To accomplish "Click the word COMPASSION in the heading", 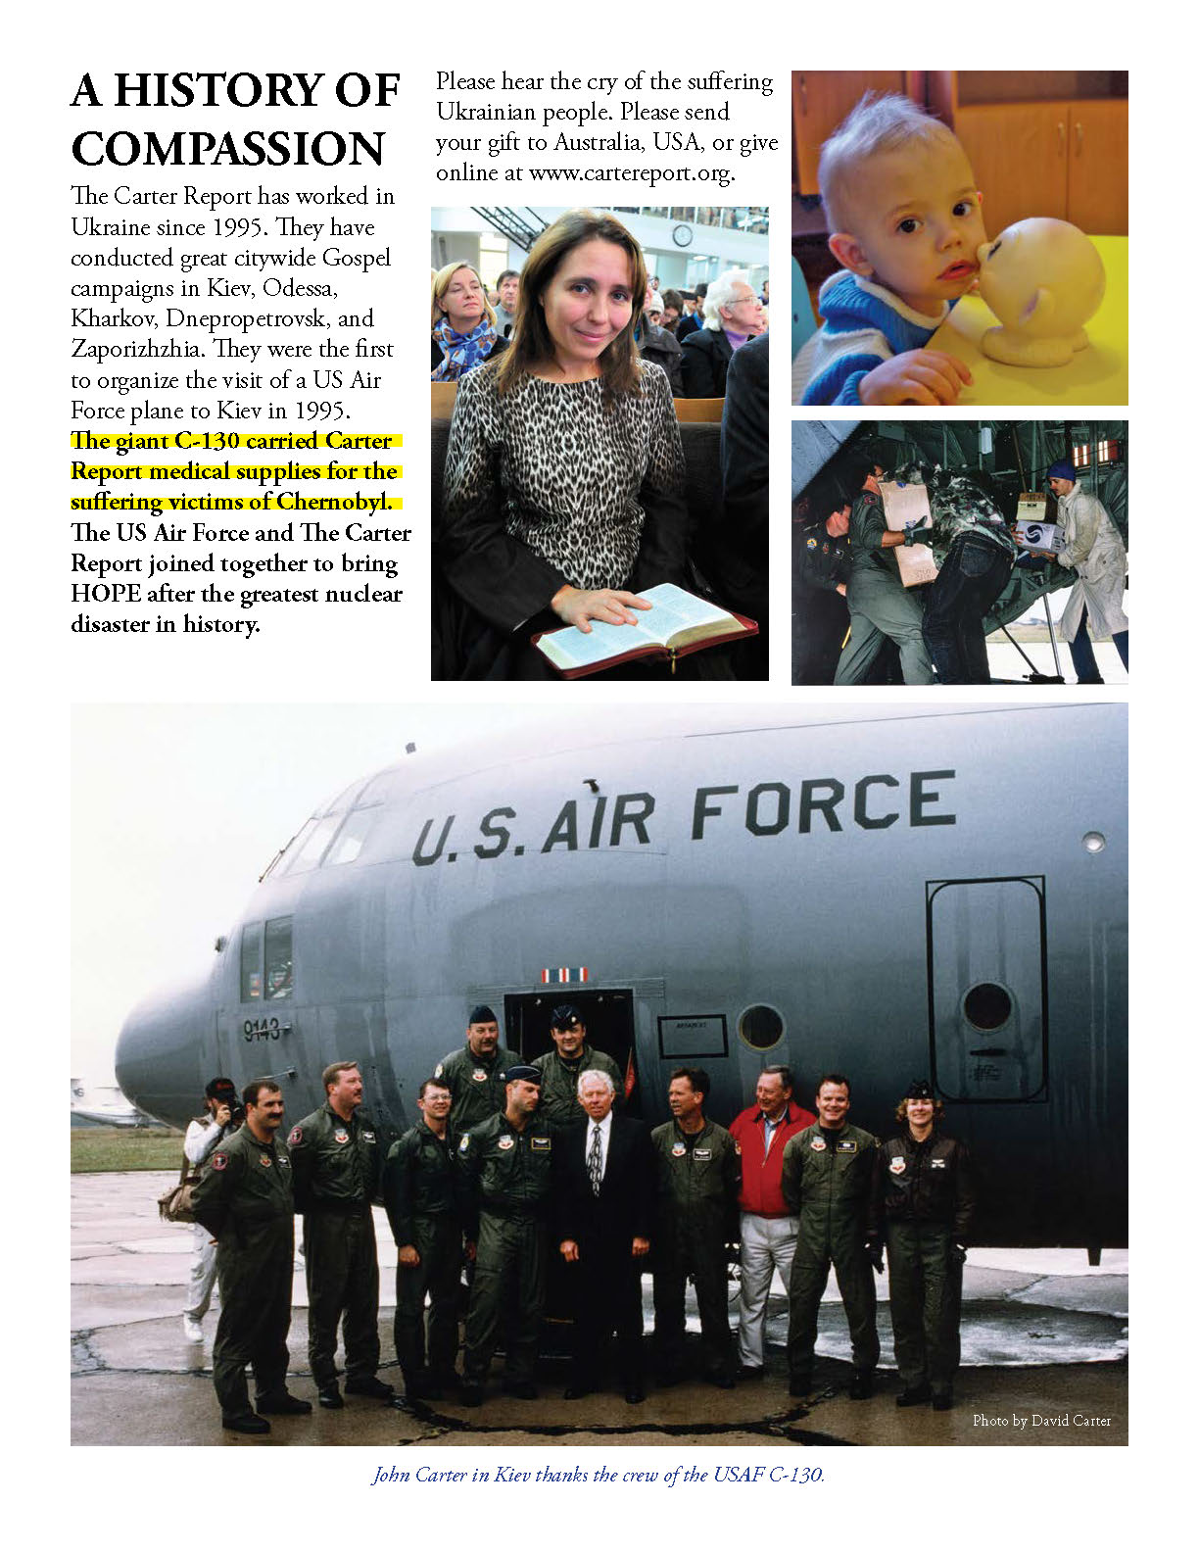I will [228, 150].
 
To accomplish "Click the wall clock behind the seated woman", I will [682, 235].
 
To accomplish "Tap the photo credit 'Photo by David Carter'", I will [1041, 1420].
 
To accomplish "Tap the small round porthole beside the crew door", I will [761, 1027].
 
